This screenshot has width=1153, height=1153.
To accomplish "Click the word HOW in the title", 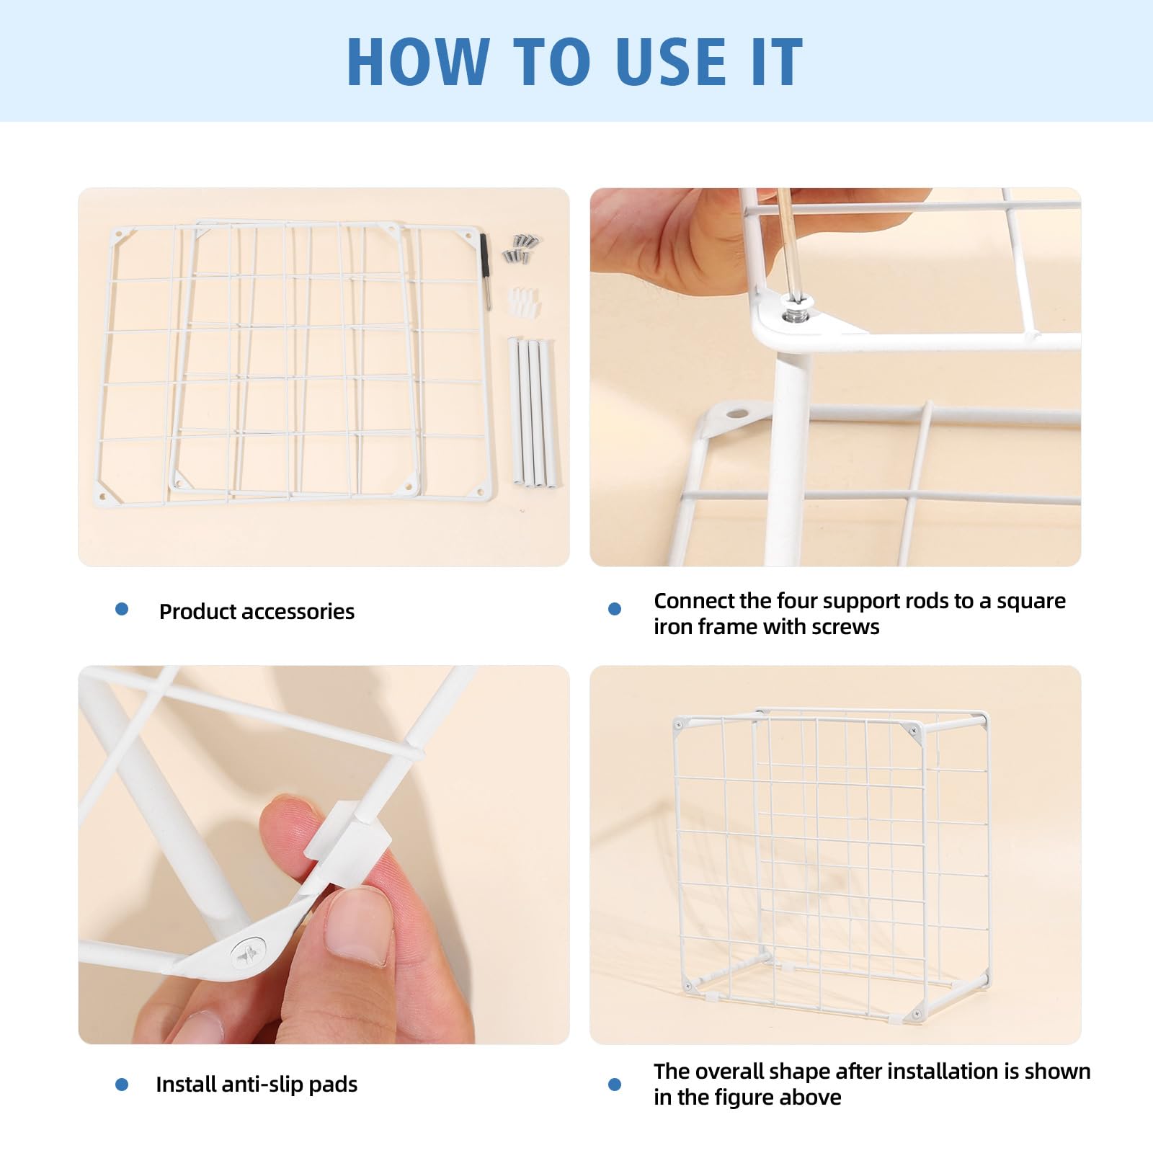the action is pyautogui.click(x=417, y=61).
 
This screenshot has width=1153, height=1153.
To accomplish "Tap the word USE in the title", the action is pyautogui.click(x=670, y=61).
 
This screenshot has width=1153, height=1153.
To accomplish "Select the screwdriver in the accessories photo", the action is pyautogui.click(x=486, y=271).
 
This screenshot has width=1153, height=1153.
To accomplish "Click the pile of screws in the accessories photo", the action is pyautogui.click(x=522, y=248).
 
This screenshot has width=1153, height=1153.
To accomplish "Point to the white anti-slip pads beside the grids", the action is pyautogui.click(x=524, y=301).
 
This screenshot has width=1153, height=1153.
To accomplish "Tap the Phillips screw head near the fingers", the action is pyautogui.click(x=249, y=953).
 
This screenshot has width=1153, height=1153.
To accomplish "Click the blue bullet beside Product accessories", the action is pyautogui.click(x=122, y=610).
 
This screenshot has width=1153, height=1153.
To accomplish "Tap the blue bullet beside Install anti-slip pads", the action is pyautogui.click(x=122, y=1084).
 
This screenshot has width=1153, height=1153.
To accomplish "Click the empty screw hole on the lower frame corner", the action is pyautogui.click(x=736, y=414).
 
